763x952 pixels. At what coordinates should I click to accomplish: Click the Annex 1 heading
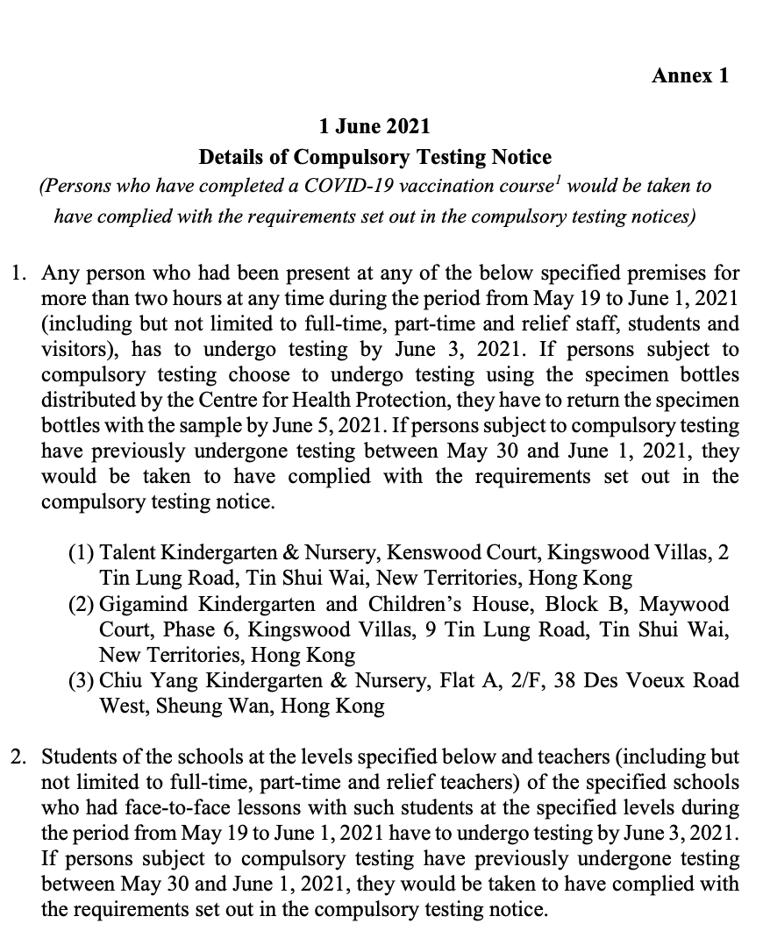(689, 75)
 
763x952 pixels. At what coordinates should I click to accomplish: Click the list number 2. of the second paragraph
(18, 757)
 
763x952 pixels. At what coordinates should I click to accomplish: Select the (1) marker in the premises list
(82, 553)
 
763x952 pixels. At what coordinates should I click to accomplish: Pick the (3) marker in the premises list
(82, 680)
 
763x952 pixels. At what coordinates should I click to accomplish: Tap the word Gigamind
(145, 604)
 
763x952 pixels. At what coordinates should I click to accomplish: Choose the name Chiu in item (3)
(121, 680)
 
